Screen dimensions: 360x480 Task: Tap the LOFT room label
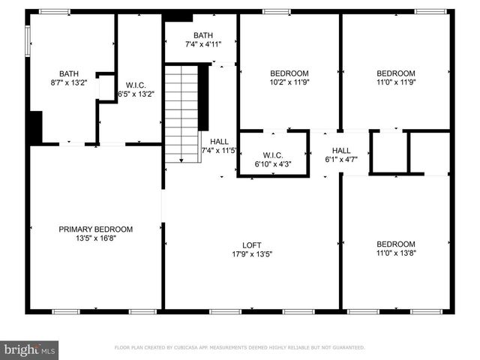tap(251, 244)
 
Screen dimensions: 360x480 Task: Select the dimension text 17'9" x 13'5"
tap(251, 253)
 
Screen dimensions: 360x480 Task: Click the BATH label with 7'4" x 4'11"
tap(202, 35)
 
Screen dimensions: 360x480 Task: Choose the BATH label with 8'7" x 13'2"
tap(69, 73)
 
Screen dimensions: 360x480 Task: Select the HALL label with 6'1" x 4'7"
tap(341, 150)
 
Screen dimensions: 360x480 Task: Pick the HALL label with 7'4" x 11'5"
tap(219, 141)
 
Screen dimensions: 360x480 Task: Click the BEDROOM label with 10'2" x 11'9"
tap(289, 73)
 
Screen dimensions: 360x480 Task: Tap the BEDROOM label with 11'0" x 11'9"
tap(394, 73)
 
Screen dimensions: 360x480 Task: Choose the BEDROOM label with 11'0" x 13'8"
tap(395, 244)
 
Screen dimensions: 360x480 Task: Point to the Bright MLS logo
tap(30, 349)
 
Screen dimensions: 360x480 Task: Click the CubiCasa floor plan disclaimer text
tap(239, 348)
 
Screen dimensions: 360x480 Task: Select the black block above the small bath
tap(178, 16)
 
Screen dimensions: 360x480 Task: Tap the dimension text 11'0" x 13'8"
tap(395, 253)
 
